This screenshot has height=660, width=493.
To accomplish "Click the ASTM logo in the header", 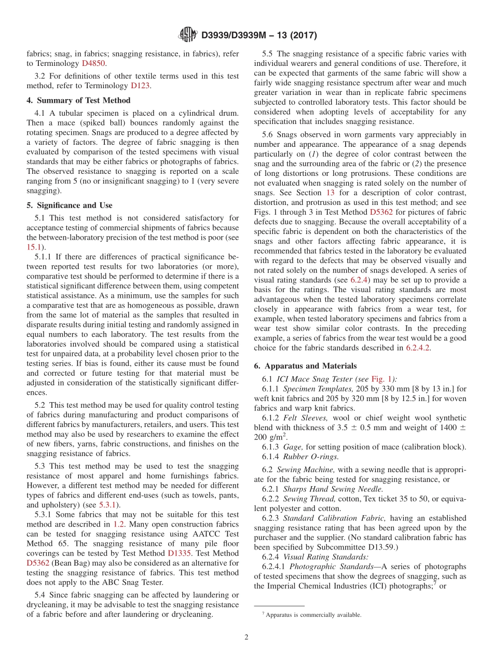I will point(187,35).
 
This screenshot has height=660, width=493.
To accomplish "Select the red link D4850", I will point(94,63).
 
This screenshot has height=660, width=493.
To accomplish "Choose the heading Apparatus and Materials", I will point(305,365).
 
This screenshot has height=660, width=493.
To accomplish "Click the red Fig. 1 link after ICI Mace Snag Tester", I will point(380,379).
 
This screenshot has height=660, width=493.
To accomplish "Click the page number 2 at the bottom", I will point(246,637).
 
